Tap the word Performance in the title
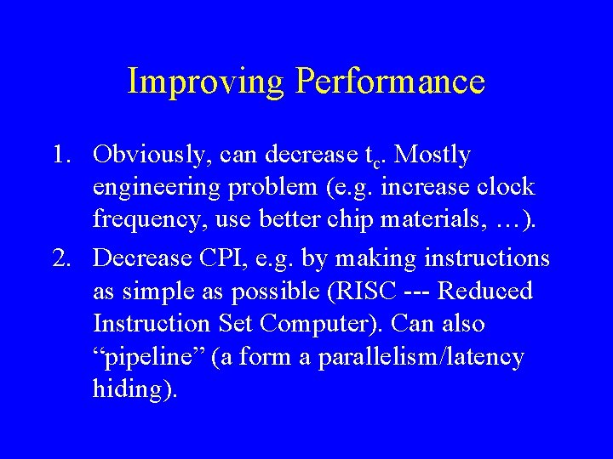390,82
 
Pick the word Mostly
433,156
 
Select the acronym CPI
229,257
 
